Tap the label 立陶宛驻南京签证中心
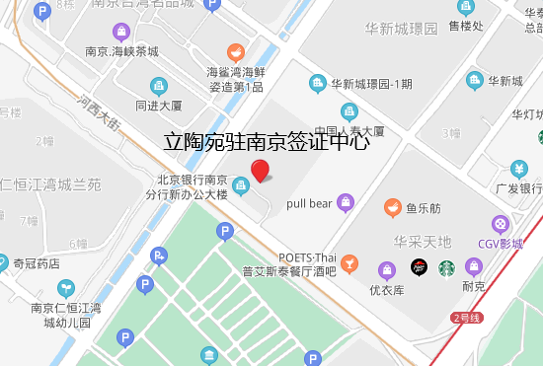[x=266, y=141]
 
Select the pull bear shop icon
[x=345, y=203]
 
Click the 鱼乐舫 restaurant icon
[x=392, y=208]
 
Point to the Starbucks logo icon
[x=446, y=267]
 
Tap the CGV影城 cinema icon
[x=501, y=225]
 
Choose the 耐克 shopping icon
[x=474, y=266]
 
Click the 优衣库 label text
[x=387, y=290]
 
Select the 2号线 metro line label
[x=465, y=318]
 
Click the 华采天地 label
[x=422, y=242]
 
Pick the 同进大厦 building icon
[x=159, y=85]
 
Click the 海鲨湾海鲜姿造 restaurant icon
[x=235, y=51]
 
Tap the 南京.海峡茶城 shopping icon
[x=122, y=31]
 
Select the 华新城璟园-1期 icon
[x=317, y=83]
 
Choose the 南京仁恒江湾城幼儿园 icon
[x=65, y=289]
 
